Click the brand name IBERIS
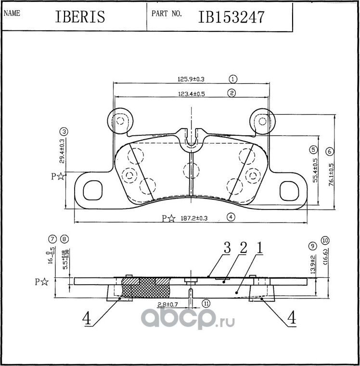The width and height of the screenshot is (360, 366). click(x=80, y=16)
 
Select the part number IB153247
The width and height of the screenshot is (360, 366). click(x=231, y=17)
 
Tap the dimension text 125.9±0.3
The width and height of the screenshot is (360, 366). click(x=191, y=79)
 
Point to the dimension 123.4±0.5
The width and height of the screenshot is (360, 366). click(x=192, y=94)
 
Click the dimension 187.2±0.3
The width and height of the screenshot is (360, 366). click(x=194, y=219)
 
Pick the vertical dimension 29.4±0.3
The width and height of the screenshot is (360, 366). click(x=62, y=151)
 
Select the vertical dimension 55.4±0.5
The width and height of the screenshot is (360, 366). click(x=315, y=170)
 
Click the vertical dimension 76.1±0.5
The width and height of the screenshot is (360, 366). click(x=331, y=174)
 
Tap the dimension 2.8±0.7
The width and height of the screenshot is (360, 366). click(x=168, y=304)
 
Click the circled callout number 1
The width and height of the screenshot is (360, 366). click(x=232, y=79)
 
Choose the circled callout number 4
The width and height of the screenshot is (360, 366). click(x=231, y=217)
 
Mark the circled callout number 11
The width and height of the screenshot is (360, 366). click(x=206, y=303)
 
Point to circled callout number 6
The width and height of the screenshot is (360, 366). click(x=329, y=152)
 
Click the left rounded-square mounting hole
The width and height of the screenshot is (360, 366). click(x=93, y=190)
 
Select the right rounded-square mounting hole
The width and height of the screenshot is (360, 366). click(x=289, y=191)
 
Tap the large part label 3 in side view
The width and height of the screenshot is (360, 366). click(x=227, y=248)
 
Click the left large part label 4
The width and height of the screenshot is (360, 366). click(x=87, y=318)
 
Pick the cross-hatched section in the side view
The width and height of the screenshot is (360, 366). click(x=146, y=288)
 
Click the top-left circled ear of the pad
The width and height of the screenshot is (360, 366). click(x=120, y=121)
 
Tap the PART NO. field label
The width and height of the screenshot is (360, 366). click(x=167, y=13)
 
